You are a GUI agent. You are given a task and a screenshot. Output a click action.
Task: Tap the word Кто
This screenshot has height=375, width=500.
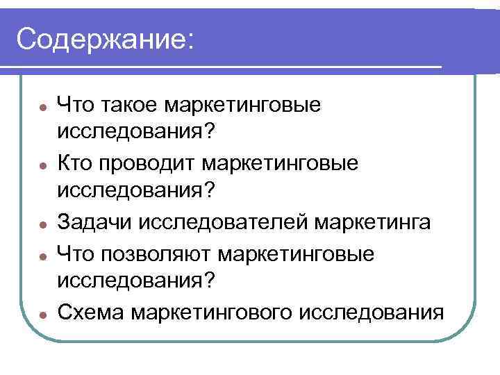(x=76, y=164)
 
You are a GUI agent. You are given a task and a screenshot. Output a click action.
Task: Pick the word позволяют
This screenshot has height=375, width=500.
(x=156, y=253)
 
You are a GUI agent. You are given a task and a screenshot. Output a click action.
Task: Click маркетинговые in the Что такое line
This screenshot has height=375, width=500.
(x=242, y=106)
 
